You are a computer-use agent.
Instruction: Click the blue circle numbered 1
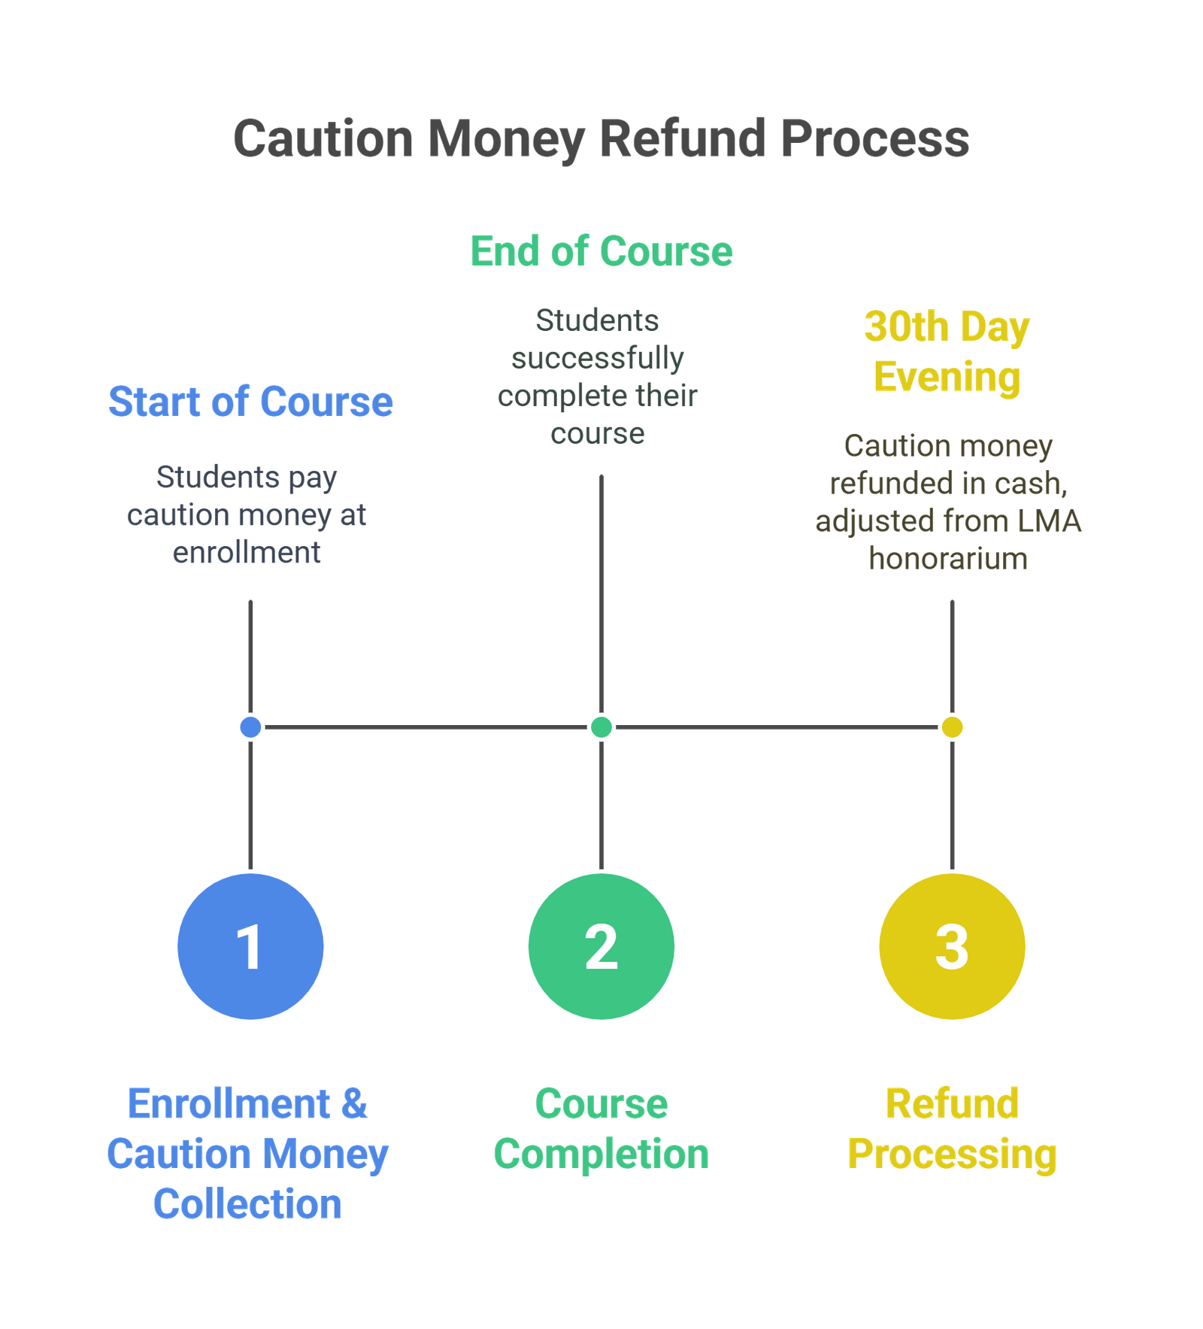click(250, 946)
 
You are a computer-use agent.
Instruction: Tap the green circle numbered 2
click(601, 946)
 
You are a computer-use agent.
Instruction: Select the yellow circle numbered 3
click(952, 946)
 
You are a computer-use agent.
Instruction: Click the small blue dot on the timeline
click(250, 727)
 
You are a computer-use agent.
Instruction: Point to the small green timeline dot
click(601, 727)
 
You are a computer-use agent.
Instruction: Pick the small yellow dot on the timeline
click(952, 727)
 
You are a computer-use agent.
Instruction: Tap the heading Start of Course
click(251, 401)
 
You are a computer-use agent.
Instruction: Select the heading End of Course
click(601, 251)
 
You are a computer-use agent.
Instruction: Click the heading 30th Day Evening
click(947, 352)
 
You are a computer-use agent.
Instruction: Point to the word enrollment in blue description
click(247, 553)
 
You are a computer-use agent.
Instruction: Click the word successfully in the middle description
click(598, 358)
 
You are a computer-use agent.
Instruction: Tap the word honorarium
click(948, 559)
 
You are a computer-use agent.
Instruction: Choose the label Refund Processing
click(952, 1129)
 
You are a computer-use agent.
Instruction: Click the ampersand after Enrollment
click(354, 1104)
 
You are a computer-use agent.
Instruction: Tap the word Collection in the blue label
click(247, 1204)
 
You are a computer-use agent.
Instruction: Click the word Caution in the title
click(323, 139)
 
